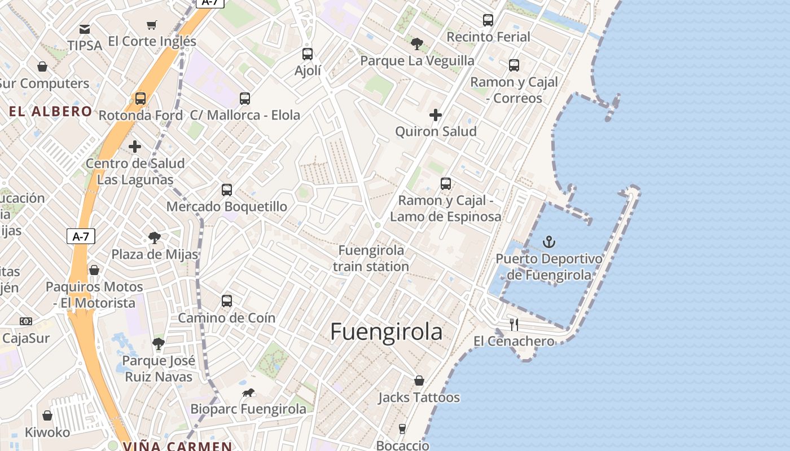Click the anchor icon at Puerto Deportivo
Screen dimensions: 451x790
[549, 242]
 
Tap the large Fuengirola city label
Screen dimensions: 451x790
[386, 332]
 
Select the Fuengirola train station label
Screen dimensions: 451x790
[371, 258]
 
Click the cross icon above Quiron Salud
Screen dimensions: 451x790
[436, 116]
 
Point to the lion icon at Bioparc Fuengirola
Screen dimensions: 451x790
[248, 393]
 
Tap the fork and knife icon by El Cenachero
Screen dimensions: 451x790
[514, 325]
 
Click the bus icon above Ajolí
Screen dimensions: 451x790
[308, 54]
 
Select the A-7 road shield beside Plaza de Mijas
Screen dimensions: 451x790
[81, 236]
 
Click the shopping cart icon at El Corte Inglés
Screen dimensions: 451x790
[151, 25]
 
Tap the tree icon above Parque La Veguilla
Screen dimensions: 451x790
[417, 43]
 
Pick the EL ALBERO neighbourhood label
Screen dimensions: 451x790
[50, 112]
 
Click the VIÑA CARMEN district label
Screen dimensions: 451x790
[177, 446]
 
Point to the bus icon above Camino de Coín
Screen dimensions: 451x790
[227, 301]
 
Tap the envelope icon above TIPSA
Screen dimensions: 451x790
[85, 29]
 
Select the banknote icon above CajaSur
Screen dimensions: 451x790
[26, 321]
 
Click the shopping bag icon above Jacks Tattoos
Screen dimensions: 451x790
[419, 381]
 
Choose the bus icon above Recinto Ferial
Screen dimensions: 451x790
[488, 20]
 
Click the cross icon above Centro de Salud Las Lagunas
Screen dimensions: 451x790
[135, 147]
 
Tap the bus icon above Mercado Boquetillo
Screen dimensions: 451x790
[227, 190]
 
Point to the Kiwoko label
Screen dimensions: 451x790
[47, 432]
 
